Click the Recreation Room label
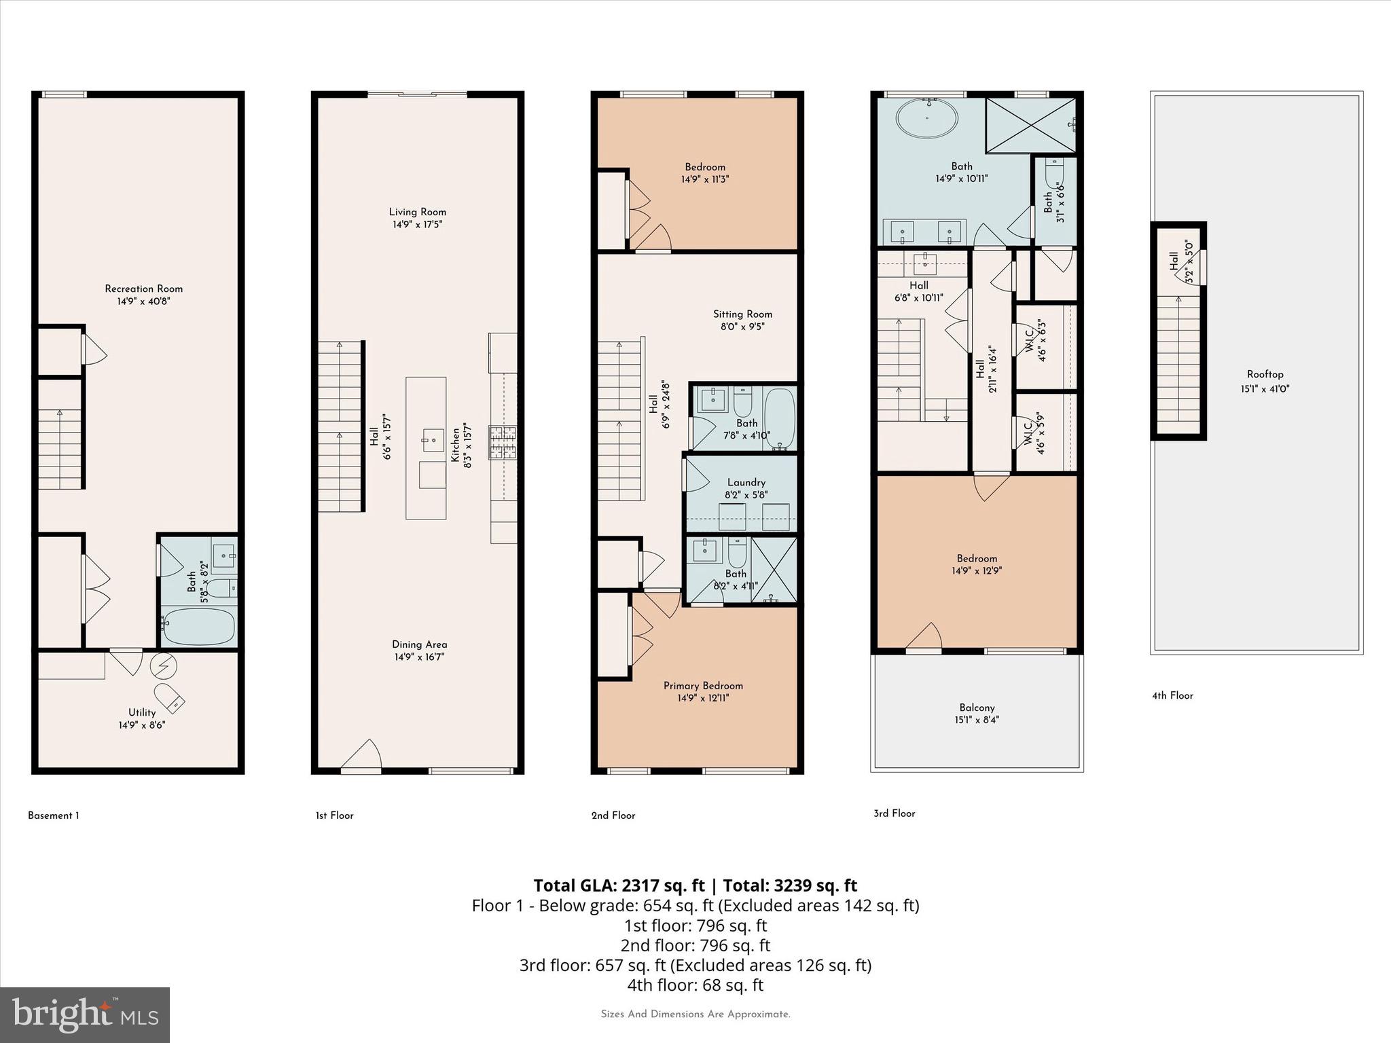pos(143,289)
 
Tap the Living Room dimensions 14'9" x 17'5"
pos(417,224)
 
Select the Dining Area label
pos(419,644)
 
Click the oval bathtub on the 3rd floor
pos(926,120)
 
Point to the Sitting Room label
pos(742,314)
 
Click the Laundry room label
pos(746,482)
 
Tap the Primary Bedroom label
pos(703,686)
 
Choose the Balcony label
pos(977,708)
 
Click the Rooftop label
pos(1265,374)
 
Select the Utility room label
pos(142,712)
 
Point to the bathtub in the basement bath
pos(199,626)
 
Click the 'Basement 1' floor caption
pos(53,816)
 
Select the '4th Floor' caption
pos(1172,695)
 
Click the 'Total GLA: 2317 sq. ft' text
pos(619,885)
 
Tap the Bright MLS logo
pos(84,1014)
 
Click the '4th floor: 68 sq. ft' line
pos(695,985)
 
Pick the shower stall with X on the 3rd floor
pos(1030,125)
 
